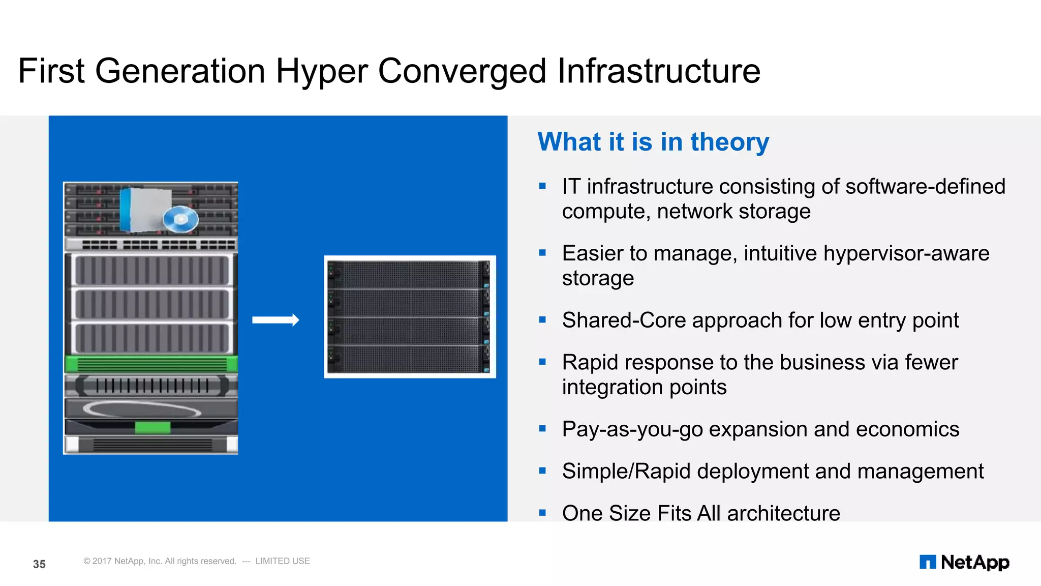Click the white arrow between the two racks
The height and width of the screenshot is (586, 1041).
[x=275, y=320]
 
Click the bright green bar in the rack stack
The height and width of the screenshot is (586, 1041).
[x=151, y=364]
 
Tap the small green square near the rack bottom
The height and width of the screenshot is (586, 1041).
[x=152, y=427]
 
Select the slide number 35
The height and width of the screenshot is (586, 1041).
[x=39, y=564]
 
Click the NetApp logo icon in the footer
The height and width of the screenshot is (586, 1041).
[x=927, y=562]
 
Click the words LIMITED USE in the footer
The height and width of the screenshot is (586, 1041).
[x=283, y=561]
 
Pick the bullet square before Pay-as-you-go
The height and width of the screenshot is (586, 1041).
[x=542, y=429]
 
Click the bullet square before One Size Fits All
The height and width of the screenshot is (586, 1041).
[x=542, y=513]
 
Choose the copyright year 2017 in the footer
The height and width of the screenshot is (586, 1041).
[x=102, y=561]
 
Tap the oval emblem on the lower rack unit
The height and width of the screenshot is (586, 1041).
[x=142, y=408]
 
